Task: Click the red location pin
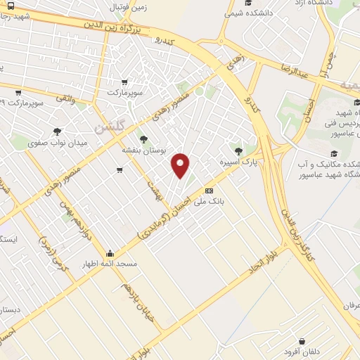[x=181, y=165]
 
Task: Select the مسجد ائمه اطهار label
[x=110, y=265]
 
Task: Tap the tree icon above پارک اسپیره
[x=240, y=150]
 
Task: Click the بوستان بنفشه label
[x=143, y=150]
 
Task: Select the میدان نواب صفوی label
[x=56, y=143]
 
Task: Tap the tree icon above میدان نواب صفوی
[x=57, y=131]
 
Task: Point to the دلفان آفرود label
[x=302, y=352]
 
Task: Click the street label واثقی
[x=64, y=101]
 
